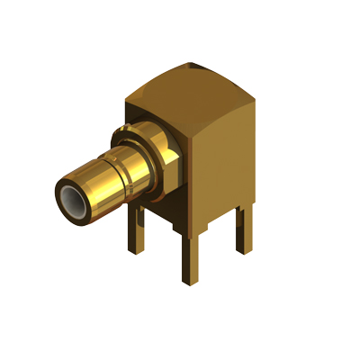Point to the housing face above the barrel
coord(148,112)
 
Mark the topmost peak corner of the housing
coord(193,64)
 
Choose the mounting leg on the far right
coord(243,229)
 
